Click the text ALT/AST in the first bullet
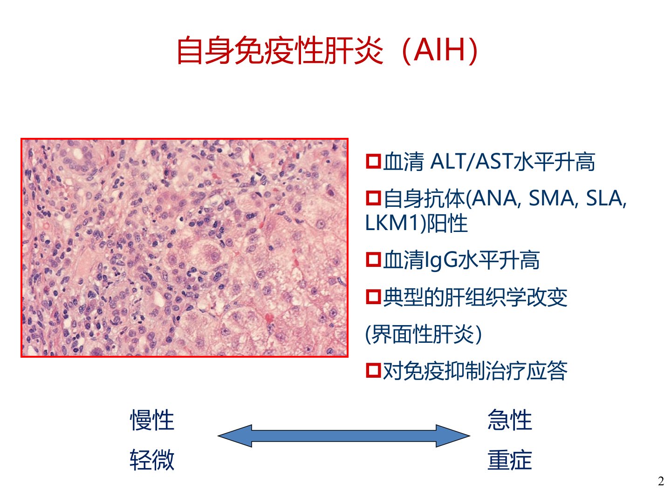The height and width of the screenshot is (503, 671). point(472,162)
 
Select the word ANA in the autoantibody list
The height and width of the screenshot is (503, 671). point(494,198)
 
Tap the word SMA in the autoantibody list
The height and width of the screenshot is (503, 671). point(551,198)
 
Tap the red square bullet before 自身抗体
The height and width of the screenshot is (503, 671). point(373,198)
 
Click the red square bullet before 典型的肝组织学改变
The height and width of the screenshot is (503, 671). point(373,297)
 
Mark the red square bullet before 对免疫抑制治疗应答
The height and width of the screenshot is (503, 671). point(373,370)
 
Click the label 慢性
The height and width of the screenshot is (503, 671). point(152,420)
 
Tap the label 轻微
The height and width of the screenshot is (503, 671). point(152,460)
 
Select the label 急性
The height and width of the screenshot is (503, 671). point(510,420)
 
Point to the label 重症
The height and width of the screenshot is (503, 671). point(510,460)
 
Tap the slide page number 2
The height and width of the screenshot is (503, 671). point(661,481)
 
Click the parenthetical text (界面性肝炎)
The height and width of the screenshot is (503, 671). point(424,334)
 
